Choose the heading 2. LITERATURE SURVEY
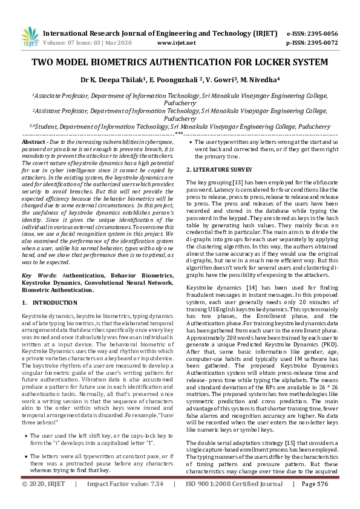219,169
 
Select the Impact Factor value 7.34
160,501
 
